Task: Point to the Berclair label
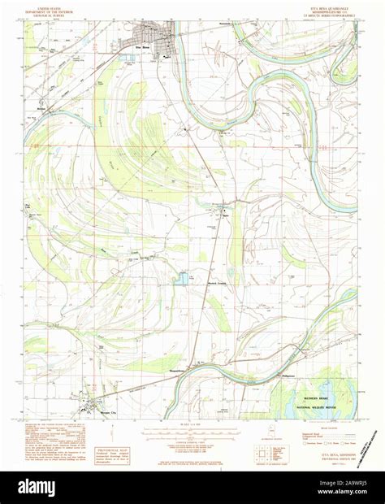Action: pos(39,106)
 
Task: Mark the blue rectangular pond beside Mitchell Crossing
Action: pos(181,278)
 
